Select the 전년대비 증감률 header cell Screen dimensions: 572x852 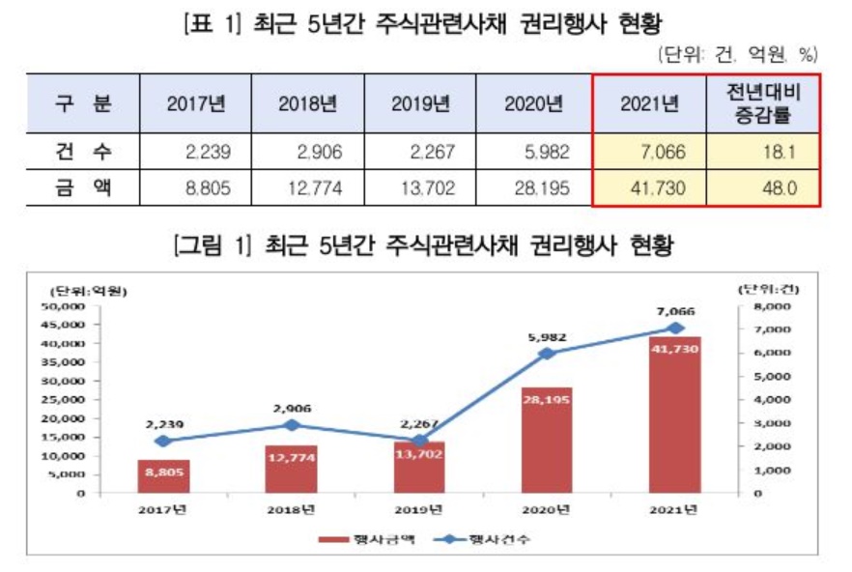click(762, 103)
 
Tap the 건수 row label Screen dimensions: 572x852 click(82, 152)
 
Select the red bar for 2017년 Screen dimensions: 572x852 click(163, 476)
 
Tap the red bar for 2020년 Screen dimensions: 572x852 click(548, 440)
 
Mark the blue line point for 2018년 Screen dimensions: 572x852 click(292, 425)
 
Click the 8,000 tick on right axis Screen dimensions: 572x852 click(771, 306)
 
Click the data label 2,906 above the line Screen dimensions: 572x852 click(292, 408)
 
